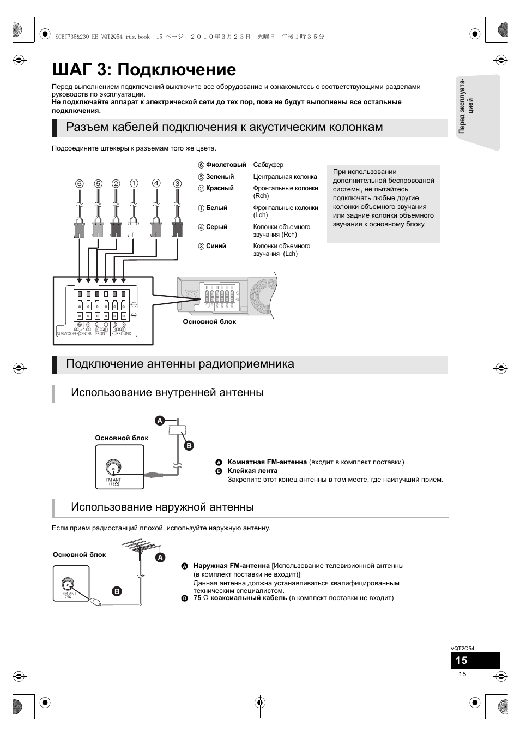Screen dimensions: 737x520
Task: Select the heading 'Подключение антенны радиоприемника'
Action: point(180,364)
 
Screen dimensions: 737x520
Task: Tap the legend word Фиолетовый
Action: point(226,165)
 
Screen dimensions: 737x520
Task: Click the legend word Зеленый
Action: point(220,177)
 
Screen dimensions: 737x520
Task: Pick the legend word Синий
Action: point(216,246)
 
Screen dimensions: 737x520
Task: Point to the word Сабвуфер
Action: point(268,165)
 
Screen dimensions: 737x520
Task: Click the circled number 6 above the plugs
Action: point(80,184)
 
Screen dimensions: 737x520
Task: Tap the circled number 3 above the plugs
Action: point(177,184)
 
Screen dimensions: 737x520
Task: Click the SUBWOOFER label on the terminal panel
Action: point(67,334)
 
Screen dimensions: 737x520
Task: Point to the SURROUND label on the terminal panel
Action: point(121,334)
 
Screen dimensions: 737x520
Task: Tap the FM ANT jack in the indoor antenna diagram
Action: point(113,468)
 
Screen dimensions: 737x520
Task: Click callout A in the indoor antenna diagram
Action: point(160,421)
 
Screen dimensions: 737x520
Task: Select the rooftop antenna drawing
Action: point(138,548)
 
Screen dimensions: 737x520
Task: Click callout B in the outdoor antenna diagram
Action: point(116,591)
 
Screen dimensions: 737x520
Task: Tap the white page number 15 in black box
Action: point(462,661)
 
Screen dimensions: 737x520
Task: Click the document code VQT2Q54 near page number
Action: point(462,649)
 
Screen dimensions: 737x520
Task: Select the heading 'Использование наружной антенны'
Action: point(162,507)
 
